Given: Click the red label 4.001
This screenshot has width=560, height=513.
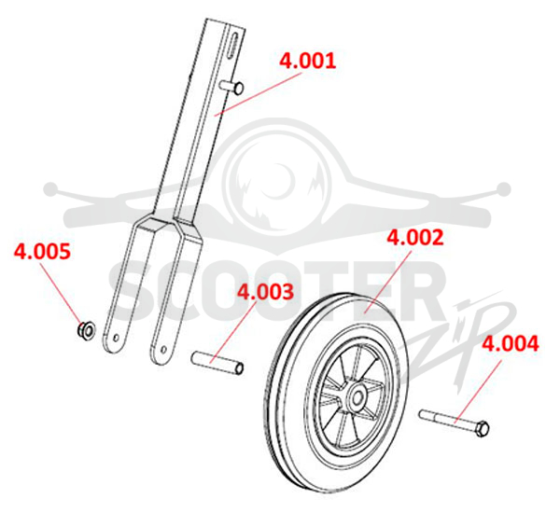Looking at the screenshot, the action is tap(307, 61).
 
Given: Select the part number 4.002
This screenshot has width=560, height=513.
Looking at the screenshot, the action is tap(415, 238).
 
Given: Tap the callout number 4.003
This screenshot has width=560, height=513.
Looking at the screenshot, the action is tap(266, 292).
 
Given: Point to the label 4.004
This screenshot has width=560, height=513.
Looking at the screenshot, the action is tap(511, 344).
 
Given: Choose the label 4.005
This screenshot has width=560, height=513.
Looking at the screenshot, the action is tap(42, 251).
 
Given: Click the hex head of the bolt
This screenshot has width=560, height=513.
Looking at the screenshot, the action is tap(483, 428).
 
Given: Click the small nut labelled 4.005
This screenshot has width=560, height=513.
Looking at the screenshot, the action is tap(86, 330).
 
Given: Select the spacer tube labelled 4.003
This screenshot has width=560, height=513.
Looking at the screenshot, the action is tap(217, 363).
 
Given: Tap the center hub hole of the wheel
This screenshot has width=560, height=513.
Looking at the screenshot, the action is tap(357, 397).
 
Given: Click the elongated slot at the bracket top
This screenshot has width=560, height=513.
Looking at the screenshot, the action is tap(232, 46).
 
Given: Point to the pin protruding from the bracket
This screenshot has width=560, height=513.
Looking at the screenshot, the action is tap(232, 87).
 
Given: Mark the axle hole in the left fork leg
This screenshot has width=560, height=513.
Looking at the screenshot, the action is tap(116, 337).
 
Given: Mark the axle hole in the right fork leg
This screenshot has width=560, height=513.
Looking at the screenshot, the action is tap(163, 349).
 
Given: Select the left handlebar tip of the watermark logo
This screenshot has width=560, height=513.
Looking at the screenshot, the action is tap(50, 188).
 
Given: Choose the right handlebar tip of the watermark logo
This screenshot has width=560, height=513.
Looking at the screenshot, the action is tap(503, 188).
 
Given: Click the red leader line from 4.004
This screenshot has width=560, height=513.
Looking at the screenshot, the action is tap(478, 391).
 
